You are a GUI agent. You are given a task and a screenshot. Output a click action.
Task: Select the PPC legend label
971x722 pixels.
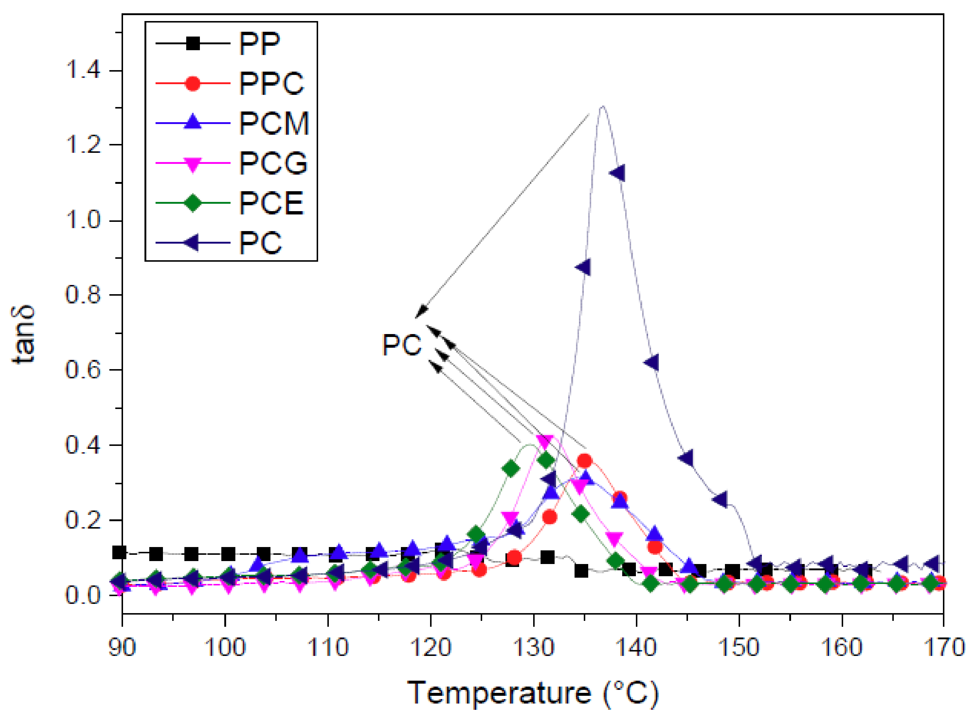(x=271, y=83)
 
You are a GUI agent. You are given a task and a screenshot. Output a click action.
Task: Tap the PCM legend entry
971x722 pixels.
(x=274, y=123)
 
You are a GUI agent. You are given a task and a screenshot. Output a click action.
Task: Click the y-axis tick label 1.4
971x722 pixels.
(x=83, y=70)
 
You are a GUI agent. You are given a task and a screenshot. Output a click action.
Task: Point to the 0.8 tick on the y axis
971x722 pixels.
(x=83, y=295)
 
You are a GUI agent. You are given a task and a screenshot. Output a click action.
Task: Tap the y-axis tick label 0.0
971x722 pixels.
(x=83, y=595)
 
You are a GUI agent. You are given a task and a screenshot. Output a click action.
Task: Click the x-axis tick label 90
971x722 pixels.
(x=122, y=647)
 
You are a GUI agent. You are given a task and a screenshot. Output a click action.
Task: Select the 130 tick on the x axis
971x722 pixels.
(x=534, y=647)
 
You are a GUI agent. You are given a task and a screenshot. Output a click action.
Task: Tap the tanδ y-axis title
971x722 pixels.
(x=23, y=334)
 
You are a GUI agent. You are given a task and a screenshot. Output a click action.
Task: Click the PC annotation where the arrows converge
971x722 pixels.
(x=402, y=345)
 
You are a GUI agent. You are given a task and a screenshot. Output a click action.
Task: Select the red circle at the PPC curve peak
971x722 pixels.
(x=585, y=461)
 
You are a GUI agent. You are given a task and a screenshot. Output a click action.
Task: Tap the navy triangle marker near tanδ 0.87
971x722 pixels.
(x=583, y=267)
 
